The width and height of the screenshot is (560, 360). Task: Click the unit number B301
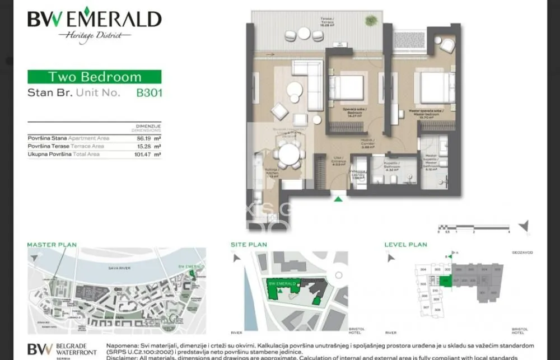149,93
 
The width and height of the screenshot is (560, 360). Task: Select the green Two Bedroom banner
94,77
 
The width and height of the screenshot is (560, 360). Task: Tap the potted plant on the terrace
371,21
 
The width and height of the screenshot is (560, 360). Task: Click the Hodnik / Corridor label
367,143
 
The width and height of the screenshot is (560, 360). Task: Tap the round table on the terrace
304,34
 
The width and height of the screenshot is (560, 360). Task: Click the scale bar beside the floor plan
473,227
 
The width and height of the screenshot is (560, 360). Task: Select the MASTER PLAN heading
52,245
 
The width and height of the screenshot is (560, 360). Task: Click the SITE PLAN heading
249,245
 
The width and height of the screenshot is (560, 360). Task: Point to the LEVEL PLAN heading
405,245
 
